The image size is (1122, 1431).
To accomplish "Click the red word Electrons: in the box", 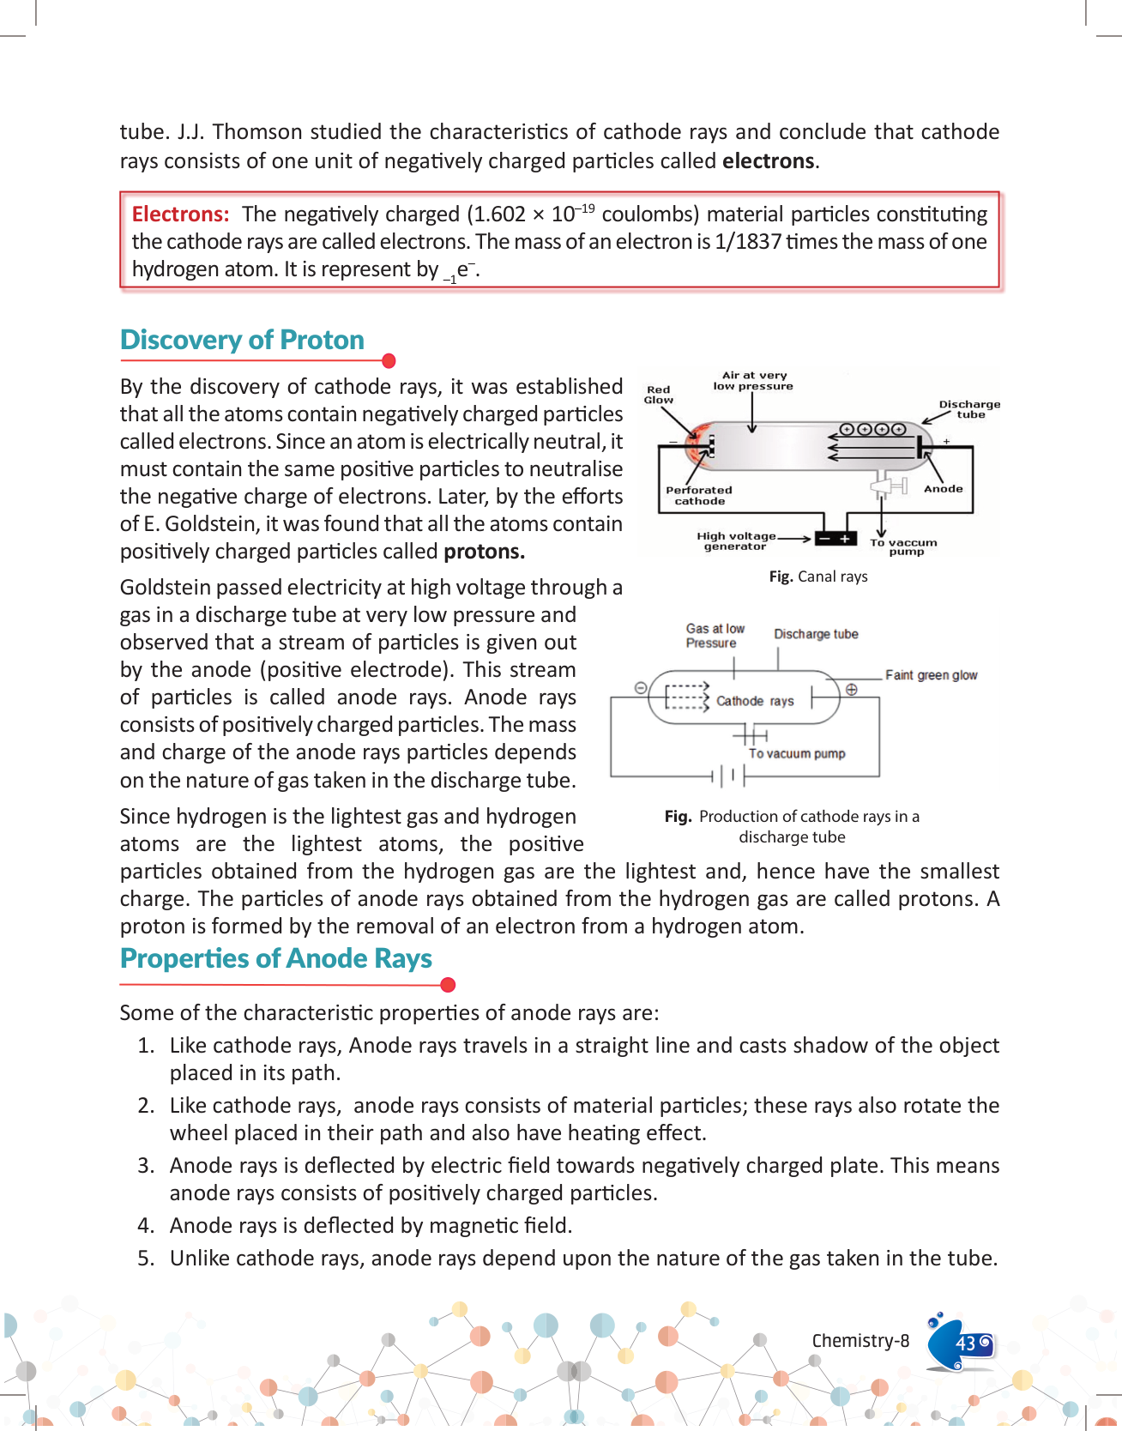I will point(180,214).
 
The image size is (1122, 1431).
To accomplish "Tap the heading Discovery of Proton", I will point(242,341).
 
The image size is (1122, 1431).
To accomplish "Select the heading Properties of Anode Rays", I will point(275,959).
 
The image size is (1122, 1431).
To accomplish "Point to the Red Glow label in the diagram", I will point(659,395).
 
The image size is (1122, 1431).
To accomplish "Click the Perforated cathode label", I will point(699,496).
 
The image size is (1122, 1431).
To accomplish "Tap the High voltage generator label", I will point(736,541).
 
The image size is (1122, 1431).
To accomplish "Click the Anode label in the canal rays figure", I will point(943,489).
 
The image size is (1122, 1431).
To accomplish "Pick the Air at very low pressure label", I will point(753,381).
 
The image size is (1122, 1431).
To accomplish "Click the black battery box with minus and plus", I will point(835,539).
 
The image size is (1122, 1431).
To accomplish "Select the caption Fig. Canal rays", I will point(818,577).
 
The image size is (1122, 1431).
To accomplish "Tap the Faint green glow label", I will point(931,675).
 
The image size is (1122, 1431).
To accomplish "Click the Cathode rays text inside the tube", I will point(755,701).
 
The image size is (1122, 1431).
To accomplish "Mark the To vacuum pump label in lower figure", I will point(797,753).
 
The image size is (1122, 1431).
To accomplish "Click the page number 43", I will point(966,1343).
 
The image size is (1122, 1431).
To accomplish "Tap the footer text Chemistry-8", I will point(860,1341).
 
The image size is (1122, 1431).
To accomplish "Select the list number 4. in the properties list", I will point(146,1226).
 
